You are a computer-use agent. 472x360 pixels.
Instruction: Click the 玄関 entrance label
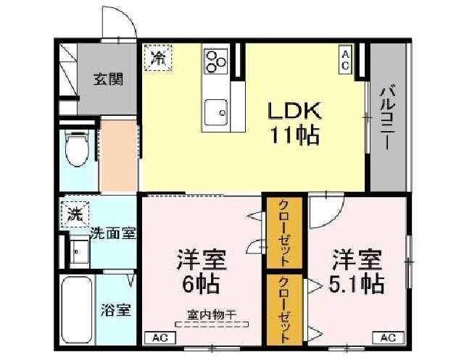click(x=107, y=79)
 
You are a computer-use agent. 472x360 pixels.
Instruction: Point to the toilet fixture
click(x=75, y=149)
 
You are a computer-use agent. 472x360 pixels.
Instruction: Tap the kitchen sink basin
click(x=215, y=112)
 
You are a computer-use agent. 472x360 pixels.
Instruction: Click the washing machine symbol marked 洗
click(x=75, y=214)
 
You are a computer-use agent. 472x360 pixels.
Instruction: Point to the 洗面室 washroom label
click(x=113, y=234)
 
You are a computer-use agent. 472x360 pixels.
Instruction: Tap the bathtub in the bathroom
click(x=75, y=310)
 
